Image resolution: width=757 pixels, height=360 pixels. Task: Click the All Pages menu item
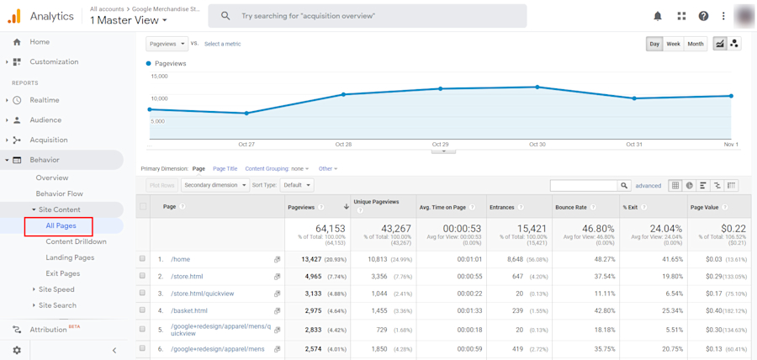point(61,225)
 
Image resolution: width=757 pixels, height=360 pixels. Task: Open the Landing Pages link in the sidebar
point(70,257)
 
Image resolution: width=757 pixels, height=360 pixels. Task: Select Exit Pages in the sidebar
point(62,273)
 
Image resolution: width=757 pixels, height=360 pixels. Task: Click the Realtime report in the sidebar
point(45,100)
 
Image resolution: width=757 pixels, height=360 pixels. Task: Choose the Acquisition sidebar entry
point(49,140)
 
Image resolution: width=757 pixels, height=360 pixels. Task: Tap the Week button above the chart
point(673,44)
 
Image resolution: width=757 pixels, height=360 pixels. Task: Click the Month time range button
point(696,44)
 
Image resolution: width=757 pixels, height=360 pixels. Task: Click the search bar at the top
point(378,16)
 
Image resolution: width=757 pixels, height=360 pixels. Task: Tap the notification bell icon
point(658,16)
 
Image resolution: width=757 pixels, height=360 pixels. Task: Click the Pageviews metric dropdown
point(167,44)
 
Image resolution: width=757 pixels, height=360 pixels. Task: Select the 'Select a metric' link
point(222,44)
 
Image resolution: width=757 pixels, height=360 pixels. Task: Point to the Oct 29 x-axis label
point(440,145)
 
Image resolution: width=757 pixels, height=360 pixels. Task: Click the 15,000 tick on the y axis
point(159,77)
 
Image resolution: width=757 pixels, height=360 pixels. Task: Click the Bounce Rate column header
point(571,207)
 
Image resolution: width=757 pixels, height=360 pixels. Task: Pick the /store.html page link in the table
point(187,276)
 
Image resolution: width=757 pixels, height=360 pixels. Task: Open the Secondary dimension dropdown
point(214,185)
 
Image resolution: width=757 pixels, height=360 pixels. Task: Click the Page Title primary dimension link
point(225,169)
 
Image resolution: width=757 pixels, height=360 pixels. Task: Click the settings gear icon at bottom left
point(17,350)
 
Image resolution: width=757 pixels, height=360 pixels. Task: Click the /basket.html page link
point(189,310)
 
